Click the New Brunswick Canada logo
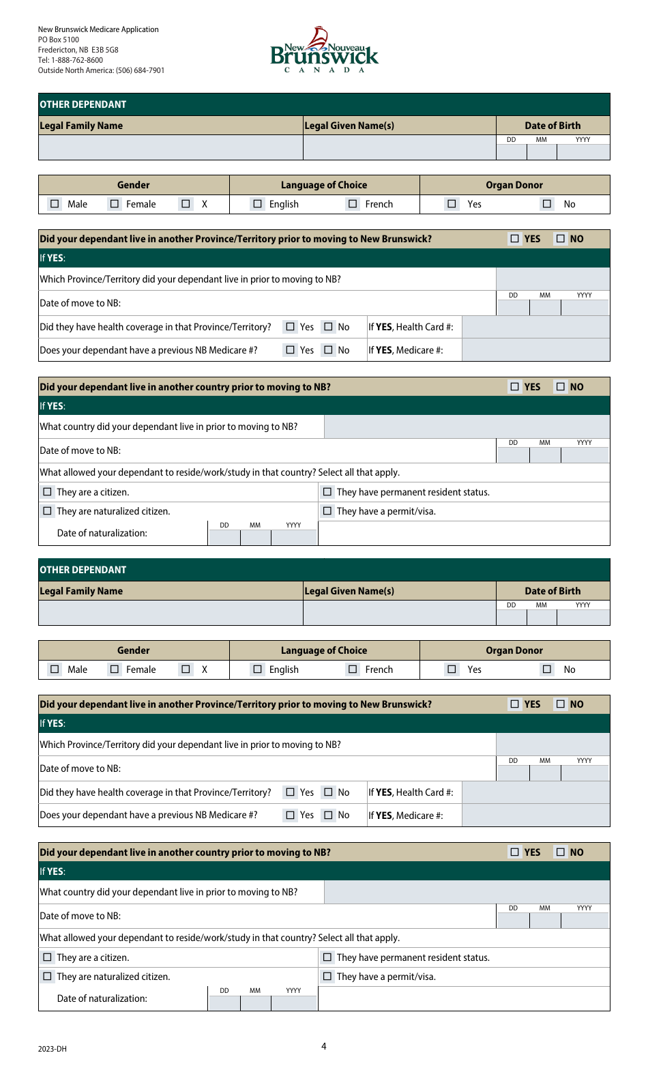pyautogui.click(x=324, y=50)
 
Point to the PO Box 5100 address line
pyautogui.click(x=59, y=40)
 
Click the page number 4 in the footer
pyautogui.click(x=324, y=1046)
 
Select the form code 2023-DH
pyautogui.click(x=53, y=1049)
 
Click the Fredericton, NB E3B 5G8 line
pyautogui.click(x=78, y=50)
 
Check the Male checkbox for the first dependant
pyautogui.click(x=55, y=203)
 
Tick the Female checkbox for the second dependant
pyautogui.click(x=115, y=669)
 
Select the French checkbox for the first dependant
pyautogui.click(x=353, y=203)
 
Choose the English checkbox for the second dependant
pyautogui.click(x=257, y=669)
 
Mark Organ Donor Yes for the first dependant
pyautogui.click(x=452, y=203)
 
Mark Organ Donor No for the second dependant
pyautogui.click(x=547, y=669)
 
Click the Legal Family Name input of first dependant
pyautogui.click(x=171, y=147)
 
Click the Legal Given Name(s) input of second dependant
pyautogui.click(x=399, y=613)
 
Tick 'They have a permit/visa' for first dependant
pyautogui.click(x=327, y=511)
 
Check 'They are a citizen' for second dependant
pyautogui.click(x=47, y=957)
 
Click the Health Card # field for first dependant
pyautogui.click(x=535, y=327)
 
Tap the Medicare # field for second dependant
pyautogui.click(x=535, y=816)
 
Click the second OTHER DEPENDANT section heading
pyautogui.click(x=83, y=570)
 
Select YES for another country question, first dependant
pyautogui.click(x=515, y=387)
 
